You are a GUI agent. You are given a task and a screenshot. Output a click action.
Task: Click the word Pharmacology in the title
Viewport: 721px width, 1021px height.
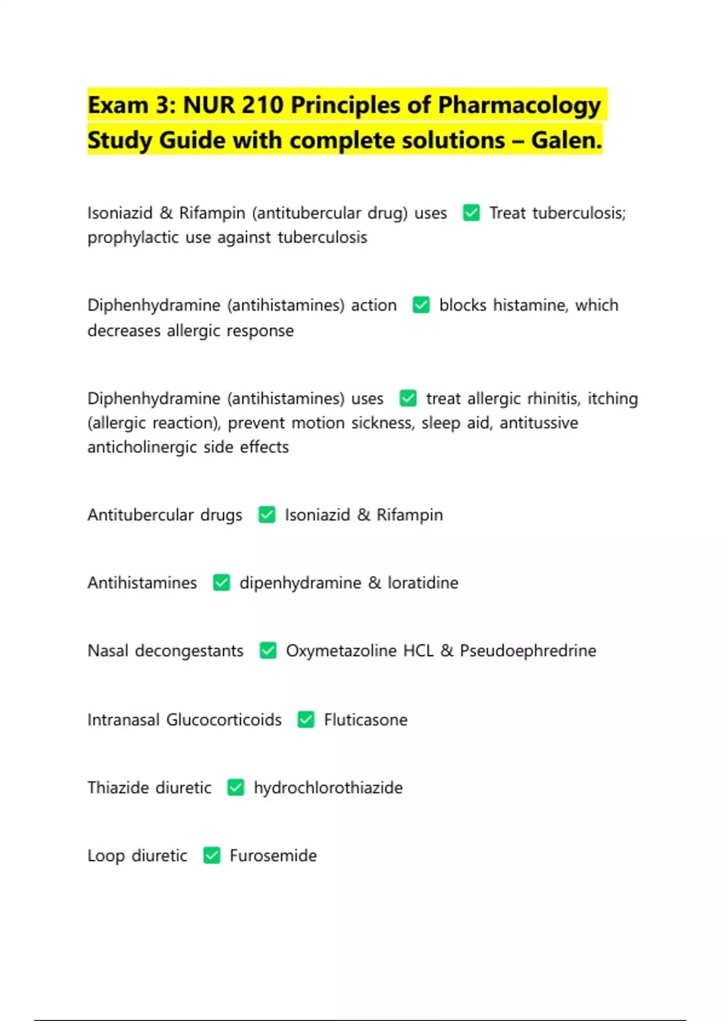coord(519,106)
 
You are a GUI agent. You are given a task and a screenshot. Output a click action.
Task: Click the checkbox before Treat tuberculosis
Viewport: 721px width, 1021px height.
coord(471,213)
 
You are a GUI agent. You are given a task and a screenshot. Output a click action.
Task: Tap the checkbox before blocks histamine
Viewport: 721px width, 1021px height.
coord(421,305)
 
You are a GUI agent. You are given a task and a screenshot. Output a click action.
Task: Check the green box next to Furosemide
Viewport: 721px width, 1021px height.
coord(211,855)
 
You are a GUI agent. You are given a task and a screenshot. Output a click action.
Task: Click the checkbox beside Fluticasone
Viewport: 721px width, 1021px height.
coord(306,720)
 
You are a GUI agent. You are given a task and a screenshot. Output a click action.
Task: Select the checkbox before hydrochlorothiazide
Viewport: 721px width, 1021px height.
coord(236,787)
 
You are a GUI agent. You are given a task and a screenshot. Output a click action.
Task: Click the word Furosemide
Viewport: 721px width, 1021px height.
coord(273,855)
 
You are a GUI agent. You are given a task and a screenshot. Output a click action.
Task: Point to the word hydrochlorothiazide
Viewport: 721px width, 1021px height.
coord(328,787)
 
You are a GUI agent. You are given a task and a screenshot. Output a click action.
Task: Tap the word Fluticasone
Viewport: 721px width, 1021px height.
coord(365,720)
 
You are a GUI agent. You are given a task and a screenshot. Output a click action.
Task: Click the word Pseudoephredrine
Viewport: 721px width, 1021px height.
coord(528,650)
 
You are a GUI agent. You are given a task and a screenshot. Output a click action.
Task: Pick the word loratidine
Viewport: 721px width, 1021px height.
coord(423,583)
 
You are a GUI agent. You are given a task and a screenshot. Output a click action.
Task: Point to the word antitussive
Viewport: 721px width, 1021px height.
coord(539,423)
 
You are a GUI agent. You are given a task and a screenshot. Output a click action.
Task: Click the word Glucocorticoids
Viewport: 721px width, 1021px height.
coord(224,720)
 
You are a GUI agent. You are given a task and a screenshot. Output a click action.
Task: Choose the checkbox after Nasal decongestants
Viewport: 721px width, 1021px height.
coord(268,650)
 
